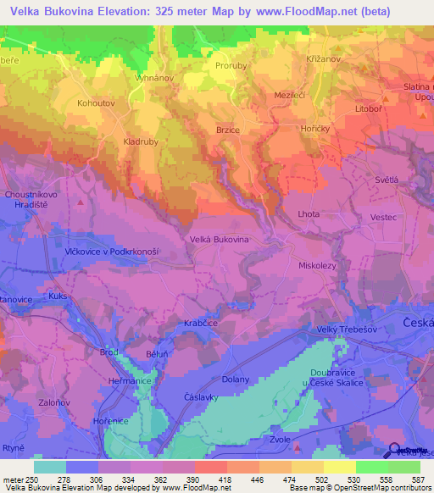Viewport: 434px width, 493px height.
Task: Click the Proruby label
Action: click(231, 64)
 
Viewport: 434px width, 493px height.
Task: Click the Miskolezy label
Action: click(319, 265)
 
